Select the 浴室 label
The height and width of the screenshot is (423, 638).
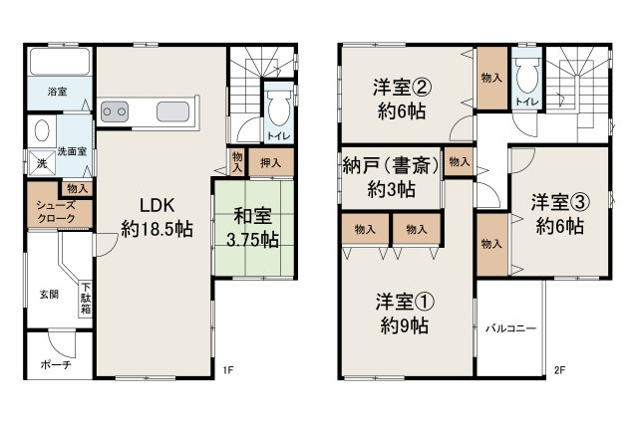[58, 92]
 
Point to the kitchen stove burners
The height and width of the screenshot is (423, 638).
[115, 110]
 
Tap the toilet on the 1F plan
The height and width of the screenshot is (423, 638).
[278, 105]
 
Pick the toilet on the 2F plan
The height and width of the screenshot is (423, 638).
[526, 74]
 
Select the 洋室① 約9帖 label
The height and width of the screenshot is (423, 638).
[403, 311]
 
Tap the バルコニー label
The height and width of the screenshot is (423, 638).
[512, 327]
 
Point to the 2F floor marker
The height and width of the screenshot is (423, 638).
[560, 371]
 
